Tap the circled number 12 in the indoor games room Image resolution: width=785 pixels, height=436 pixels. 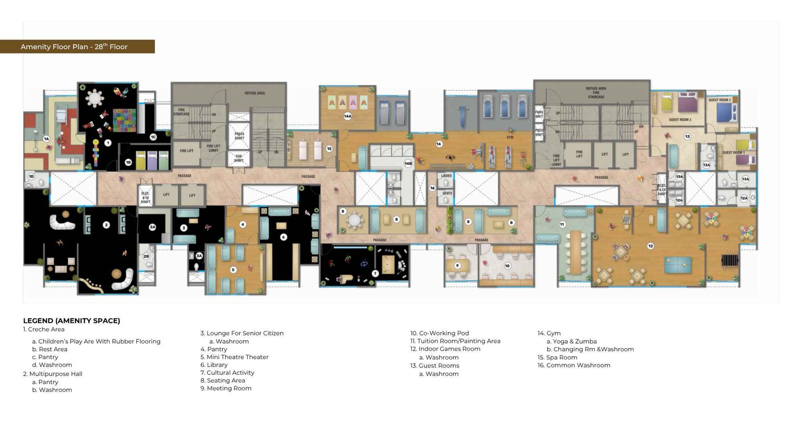click(651, 246)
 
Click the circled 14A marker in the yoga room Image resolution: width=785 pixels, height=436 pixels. click(347, 116)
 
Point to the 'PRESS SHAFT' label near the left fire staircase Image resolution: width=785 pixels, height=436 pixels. click(239, 136)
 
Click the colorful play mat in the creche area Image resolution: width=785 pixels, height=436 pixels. click(125, 120)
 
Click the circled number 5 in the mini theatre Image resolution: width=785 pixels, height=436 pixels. click(233, 269)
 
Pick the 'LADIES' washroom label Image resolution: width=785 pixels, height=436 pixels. click(446, 176)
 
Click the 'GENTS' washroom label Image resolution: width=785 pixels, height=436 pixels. click(447, 193)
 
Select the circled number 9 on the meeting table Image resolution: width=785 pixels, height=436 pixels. click(457, 265)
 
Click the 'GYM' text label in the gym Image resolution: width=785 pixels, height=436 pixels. click(510, 137)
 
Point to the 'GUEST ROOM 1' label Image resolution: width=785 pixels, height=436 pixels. click(733, 153)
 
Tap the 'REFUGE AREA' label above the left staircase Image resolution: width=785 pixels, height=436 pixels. click(254, 93)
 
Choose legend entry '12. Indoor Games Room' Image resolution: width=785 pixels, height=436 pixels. click(445, 349)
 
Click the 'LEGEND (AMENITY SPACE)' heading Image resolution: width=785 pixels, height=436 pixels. click(72, 320)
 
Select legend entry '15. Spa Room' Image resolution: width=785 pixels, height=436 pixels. click(557, 357)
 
